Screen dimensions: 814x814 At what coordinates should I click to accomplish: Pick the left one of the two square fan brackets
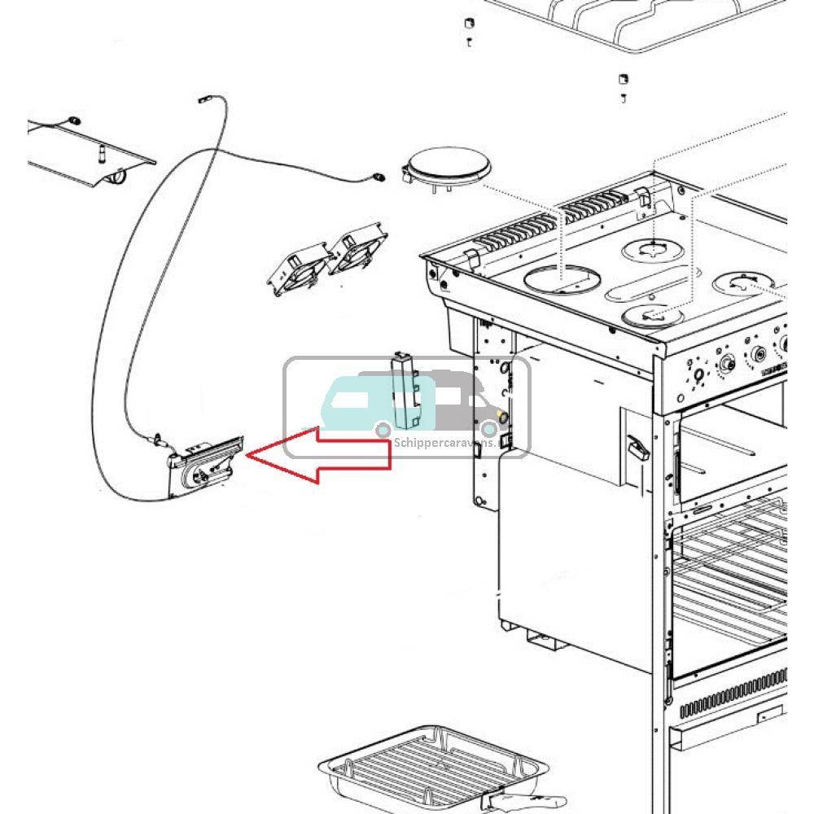coord(298,268)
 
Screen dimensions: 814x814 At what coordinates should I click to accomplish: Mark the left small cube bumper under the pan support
coord(469,22)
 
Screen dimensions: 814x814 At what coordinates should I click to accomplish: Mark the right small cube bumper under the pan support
coord(623,80)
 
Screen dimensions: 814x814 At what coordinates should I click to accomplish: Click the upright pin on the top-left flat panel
coord(102,152)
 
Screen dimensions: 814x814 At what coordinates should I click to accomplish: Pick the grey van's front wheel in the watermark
coord(490,428)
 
